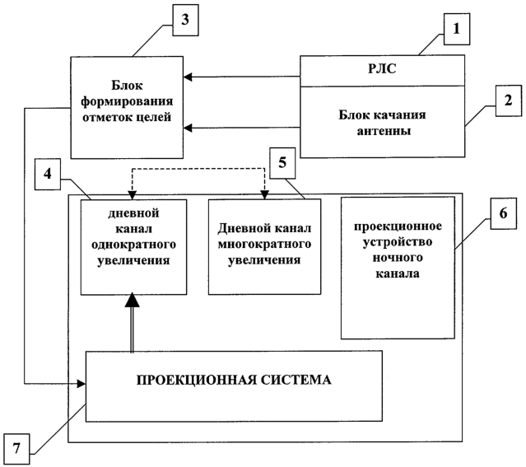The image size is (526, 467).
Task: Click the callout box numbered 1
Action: (x=457, y=29)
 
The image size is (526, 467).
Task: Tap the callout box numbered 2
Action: (x=509, y=100)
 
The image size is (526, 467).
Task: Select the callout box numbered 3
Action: (x=185, y=20)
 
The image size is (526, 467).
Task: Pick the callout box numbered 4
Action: (x=48, y=174)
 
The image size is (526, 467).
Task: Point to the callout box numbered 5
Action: (x=283, y=163)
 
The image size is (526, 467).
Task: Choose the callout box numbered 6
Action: (x=504, y=213)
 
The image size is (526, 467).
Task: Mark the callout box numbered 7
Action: (x=16, y=449)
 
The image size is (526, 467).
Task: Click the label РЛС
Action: (x=382, y=68)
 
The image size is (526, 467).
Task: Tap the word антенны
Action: (x=384, y=131)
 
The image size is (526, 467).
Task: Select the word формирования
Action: (x=127, y=101)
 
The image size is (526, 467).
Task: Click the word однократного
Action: (x=133, y=245)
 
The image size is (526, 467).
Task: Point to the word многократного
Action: (x=264, y=244)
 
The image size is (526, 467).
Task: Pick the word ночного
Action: (x=398, y=258)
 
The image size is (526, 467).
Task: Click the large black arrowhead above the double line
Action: (x=132, y=300)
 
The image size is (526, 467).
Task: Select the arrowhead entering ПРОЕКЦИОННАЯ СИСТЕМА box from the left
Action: (x=81, y=384)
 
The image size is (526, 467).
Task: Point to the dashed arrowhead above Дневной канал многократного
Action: (x=265, y=194)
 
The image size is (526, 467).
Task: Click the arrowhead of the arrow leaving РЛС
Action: (x=188, y=77)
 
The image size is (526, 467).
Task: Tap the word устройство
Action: (x=398, y=242)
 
